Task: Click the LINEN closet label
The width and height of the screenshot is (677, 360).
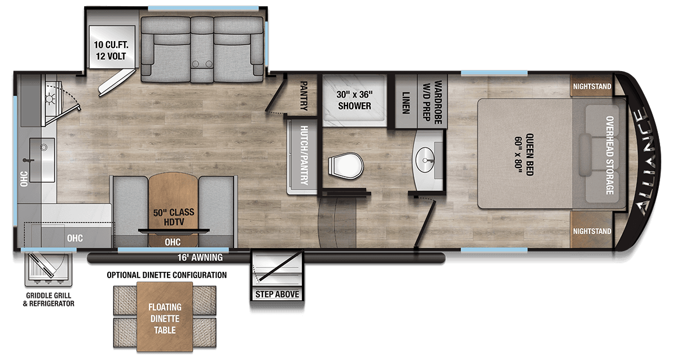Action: [x=405, y=102]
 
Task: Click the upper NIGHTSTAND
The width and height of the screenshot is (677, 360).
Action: [x=591, y=86]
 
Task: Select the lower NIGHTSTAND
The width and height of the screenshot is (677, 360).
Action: [x=591, y=231]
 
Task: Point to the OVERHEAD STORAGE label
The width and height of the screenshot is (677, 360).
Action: [x=609, y=155]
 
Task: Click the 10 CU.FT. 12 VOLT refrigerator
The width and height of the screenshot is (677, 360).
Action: [x=111, y=51]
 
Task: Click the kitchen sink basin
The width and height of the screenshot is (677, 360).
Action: [x=42, y=160]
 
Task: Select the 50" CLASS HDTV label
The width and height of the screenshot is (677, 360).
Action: [x=174, y=217]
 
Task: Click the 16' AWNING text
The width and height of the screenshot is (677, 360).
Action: [x=200, y=258]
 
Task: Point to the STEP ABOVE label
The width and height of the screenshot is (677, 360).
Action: [x=277, y=295]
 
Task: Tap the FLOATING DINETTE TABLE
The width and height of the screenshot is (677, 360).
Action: [x=165, y=318]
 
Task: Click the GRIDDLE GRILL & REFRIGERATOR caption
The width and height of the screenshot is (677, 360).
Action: [x=50, y=299]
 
